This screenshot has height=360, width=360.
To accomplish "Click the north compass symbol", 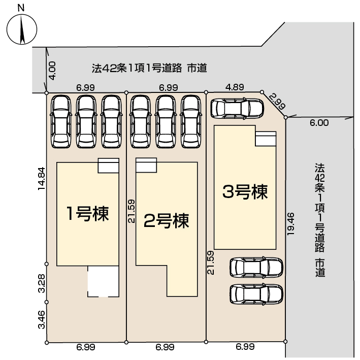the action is [22, 29].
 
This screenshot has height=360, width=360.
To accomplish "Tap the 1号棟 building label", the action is [87, 214].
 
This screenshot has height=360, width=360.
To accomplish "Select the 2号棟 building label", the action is [167, 221].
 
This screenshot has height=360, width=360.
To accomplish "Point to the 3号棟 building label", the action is [245, 192].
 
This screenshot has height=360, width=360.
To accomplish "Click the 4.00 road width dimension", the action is [52, 71].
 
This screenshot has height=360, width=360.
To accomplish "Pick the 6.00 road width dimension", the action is [319, 123].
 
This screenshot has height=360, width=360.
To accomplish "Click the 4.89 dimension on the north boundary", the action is [235, 87].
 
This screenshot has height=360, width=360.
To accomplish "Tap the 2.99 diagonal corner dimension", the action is [277, 101].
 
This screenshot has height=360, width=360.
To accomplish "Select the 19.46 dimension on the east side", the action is [290, 223].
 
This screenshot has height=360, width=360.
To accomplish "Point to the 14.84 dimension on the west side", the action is [42, 178].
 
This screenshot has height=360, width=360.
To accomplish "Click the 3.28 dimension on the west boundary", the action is [42, 283].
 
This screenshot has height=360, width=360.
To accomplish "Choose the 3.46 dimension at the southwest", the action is [42, 319].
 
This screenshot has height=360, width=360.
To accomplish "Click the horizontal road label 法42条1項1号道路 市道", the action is [149, 68].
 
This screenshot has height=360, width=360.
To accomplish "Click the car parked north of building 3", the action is [238, 109].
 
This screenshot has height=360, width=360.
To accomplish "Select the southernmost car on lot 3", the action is [256, 294].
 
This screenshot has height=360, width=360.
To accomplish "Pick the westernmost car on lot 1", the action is [61, 121].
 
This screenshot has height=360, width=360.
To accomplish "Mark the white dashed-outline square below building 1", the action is [103, 281].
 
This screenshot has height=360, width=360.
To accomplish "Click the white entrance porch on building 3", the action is [266, 139].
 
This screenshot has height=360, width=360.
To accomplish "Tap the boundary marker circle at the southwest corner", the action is [47, 343].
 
